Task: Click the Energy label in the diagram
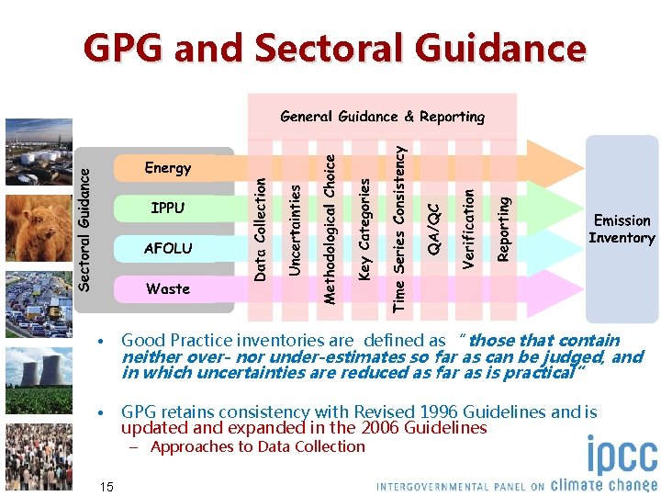[x=168, y=168]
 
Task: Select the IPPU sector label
[x=168, y=208]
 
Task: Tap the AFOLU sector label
[x=168, y=248]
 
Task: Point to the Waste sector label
[x=168, y=288]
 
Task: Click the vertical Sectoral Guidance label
[x=85, y=221]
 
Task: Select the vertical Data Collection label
[x=261, y=230]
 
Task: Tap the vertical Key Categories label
[x=364, y=230]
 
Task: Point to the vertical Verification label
[x=468, y=229]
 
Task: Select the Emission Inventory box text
[x=622, y=230]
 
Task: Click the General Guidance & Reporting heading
[x=382, y=117]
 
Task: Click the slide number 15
[x=106, y=486]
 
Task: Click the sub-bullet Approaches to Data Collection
[x=256, y=447]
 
